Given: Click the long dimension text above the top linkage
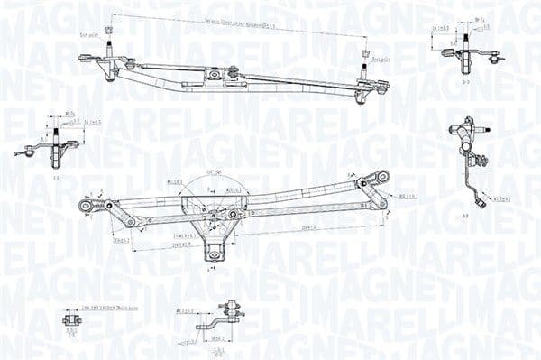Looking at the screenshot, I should [x=238, y=23].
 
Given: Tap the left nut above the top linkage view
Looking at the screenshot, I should [x=109, y=32].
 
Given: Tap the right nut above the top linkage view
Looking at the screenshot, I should [x=365, y=53].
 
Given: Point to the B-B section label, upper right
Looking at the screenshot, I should [x=463, y=82].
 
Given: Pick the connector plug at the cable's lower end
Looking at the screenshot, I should [x=481, y=203].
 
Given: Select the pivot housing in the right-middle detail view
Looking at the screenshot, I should [x=463, y=135].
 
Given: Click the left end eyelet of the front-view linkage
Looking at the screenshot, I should [x=86, y=206].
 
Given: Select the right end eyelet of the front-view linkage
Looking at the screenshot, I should [x=382, y=177].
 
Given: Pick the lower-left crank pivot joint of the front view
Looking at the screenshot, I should [x=131, y=222].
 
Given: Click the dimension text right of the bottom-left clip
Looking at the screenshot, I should [x=110, y=309].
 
